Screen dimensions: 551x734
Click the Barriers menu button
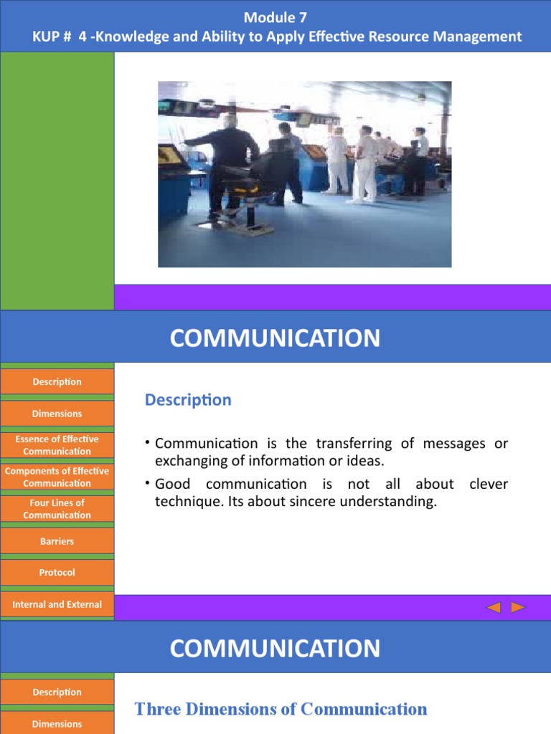coord(57,541)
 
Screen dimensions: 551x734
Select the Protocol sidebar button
coord(57,573)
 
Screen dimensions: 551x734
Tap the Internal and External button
coord(57,604)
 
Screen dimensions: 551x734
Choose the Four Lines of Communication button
coord(57,509)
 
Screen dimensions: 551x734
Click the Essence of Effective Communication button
coord(57,445)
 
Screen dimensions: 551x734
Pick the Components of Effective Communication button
coord(57,477)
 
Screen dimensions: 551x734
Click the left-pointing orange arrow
coord(494,607)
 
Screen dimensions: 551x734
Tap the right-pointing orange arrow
coord(518,607)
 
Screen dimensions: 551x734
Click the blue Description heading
coord(188,400)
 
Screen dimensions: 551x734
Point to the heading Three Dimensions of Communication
coord(281,709)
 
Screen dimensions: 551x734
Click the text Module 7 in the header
coord(275,17)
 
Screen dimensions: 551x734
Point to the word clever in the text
coord(489,484)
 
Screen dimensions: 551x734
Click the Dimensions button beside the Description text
coord(57,414)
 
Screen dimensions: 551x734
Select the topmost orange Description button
coord(57,381)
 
